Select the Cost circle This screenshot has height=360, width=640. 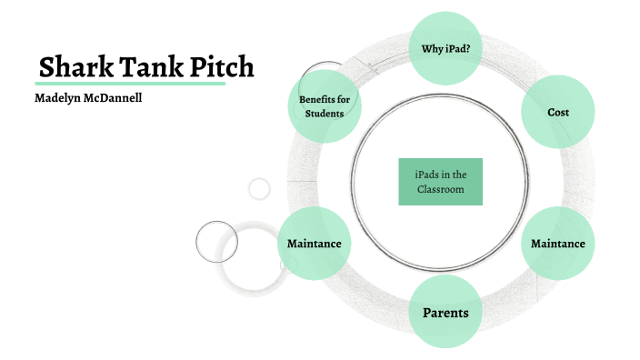[558, 112]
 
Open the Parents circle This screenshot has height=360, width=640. [445, 314]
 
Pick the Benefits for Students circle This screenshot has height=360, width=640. [325, 105]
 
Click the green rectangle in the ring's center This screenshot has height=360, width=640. [440, 181]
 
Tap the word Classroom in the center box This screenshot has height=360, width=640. [440, 189]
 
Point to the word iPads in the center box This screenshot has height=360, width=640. [423, 174]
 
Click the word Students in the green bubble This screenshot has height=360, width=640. [325, 114]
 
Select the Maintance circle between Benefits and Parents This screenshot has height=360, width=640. [315, 244]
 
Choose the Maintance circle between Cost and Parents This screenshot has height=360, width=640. [558, 244]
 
